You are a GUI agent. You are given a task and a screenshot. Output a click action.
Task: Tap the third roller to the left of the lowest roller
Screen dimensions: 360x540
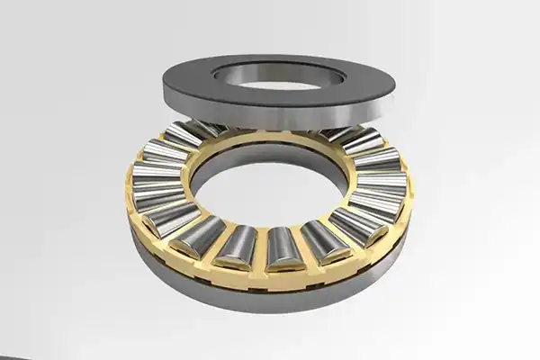tap(171, 216)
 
